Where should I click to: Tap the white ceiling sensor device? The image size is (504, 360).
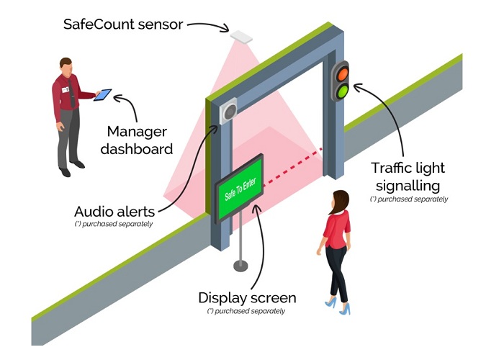[240, 33]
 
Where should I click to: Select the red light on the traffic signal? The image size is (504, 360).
[342, 73]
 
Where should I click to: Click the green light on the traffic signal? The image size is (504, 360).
[342, 91]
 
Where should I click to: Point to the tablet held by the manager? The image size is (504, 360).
[104, 94]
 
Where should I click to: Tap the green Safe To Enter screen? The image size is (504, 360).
[240, 189]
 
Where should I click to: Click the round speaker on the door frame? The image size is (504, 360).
[230, 112]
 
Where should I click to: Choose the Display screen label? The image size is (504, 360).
[247, 297]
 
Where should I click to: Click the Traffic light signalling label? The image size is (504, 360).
[408, 177]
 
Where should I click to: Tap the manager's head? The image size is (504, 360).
[66, 66]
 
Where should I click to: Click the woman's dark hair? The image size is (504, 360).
[339, 201]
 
